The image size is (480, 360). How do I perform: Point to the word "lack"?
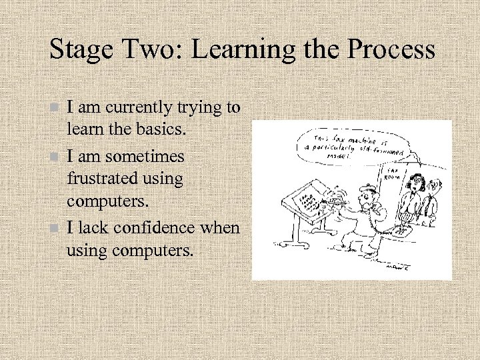[93, 227]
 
